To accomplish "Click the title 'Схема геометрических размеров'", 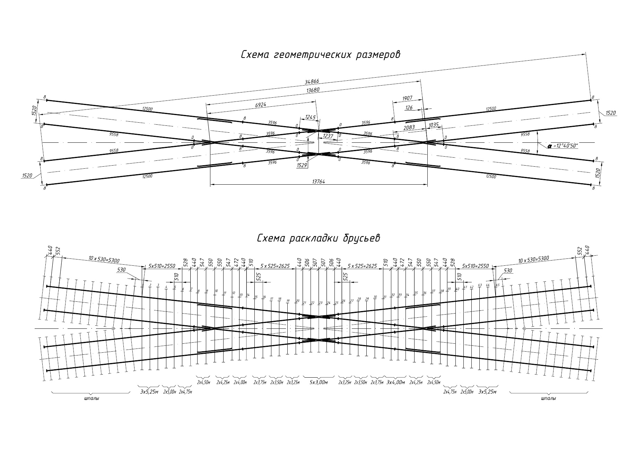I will coord(320,55).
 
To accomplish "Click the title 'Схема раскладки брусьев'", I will coord(319,238).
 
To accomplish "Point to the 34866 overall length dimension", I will coord(312,82).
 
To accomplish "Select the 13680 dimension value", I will coord(313,90).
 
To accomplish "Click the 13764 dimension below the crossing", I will coord(318,181).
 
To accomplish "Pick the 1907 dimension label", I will coord(407,99).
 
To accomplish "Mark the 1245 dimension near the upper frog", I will coord(310,117).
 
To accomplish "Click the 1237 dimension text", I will coord(328,136).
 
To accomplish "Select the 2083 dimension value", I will coord(409,128).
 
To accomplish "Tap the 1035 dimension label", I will coord(434,124).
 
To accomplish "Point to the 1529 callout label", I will coord(302,166).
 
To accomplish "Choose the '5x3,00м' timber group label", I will coord(320,383).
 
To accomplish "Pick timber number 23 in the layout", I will coord(321,303).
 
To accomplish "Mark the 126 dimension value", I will coord(409,108).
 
